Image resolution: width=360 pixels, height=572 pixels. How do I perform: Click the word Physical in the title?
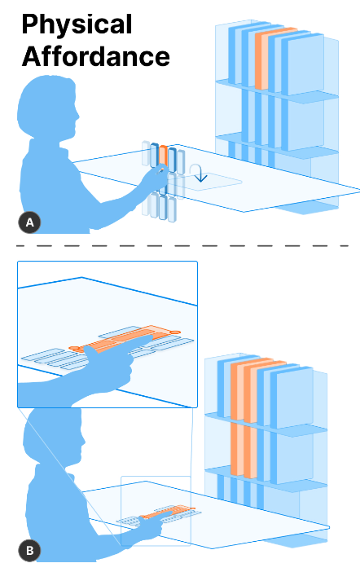77,25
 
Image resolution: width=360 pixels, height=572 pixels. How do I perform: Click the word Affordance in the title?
96,56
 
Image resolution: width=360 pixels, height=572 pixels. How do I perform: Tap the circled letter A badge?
29,222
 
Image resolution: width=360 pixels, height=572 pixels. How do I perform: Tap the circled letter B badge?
29,550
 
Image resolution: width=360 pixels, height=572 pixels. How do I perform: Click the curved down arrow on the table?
198,173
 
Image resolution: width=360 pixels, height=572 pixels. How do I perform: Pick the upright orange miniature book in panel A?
164,156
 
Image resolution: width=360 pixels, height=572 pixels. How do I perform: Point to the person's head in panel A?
47,106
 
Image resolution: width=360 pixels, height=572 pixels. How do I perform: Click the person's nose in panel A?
77,115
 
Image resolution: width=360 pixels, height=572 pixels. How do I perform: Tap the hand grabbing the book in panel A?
155,177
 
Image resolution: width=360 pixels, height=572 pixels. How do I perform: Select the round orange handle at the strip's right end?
175,332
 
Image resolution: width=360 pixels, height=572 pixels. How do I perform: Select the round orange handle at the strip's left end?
74,349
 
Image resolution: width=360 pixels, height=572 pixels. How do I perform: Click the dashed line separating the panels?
182,246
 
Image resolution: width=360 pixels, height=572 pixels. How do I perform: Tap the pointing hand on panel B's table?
153,524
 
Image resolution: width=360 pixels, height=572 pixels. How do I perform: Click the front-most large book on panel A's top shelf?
305,64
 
